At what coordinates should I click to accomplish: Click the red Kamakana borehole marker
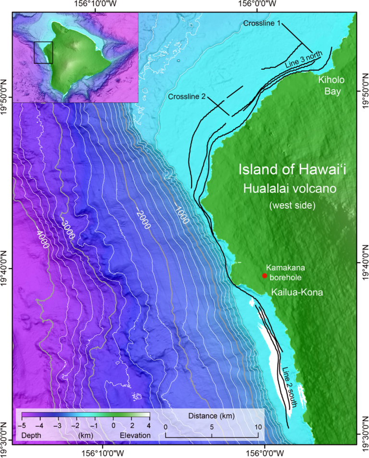click(264, 275)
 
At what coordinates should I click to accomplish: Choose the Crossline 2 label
click(187, 97)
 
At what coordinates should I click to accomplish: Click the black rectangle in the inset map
click(43, 52)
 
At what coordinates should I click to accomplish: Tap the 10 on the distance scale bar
click(258, 426)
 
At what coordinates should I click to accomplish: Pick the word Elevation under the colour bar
click(135, 435)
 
